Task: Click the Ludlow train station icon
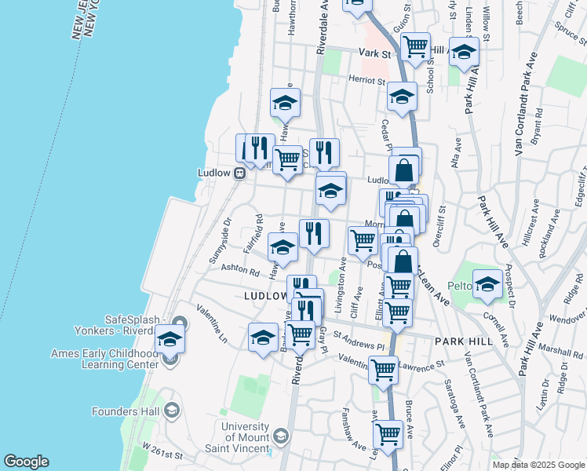pyautogui.click(x=239, y=174)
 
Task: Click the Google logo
pyautogui.click(x=26, y=462)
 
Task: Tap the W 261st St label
pyautogui.click(x=162, y=455)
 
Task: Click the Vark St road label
pyautogui.click(x=374, y=53)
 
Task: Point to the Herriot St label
pyautogui.click(x=366, y=80)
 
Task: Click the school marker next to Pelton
pyautogui.click(x=487, y=286)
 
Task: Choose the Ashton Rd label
pyautogui.click(x=239, y=270)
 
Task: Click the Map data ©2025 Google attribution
pyautogui.click(x=538, y=465)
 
